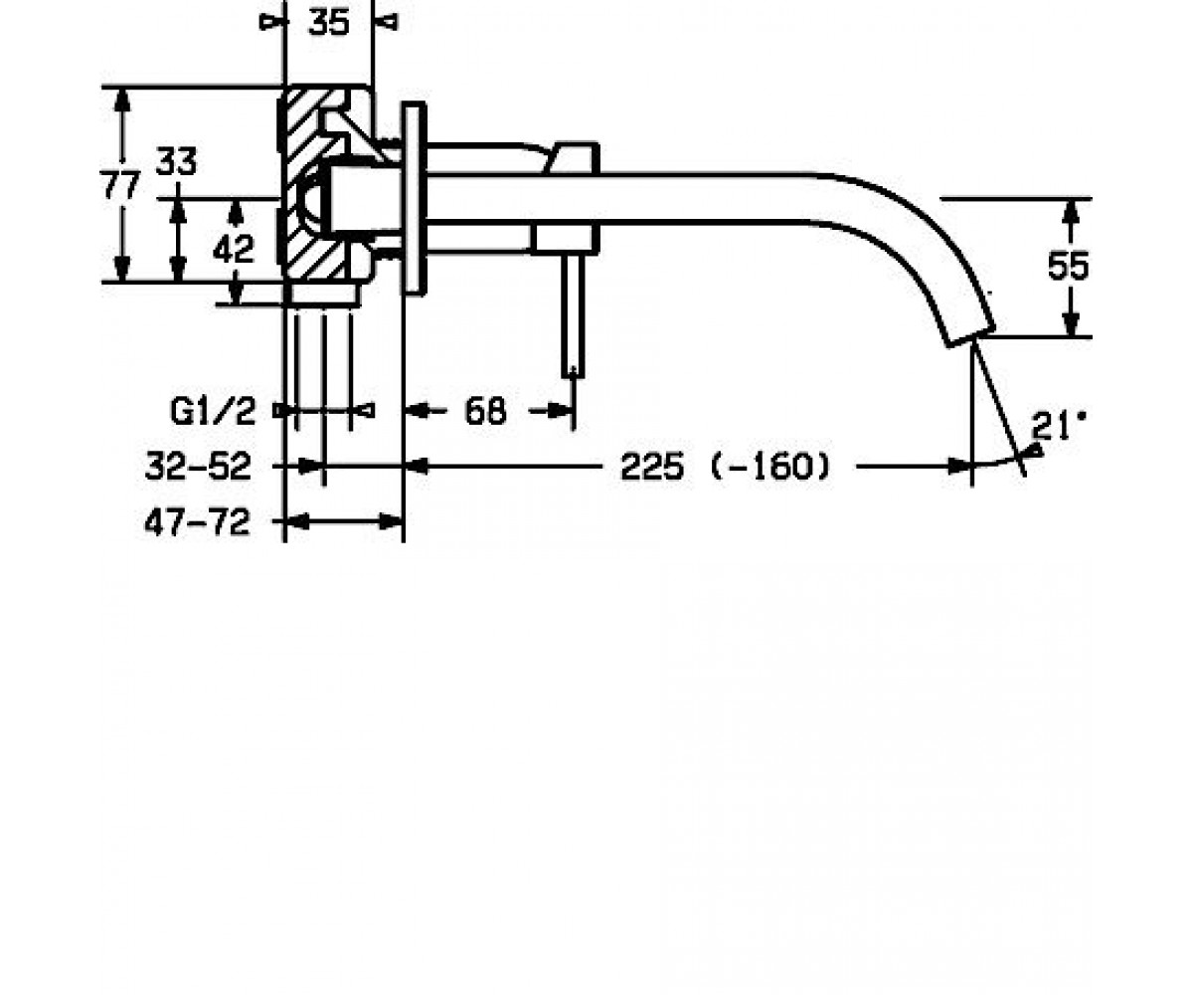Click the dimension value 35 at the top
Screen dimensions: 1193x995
(328, 23)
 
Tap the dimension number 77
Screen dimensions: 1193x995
(119, 186)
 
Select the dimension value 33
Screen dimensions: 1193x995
(177, 161)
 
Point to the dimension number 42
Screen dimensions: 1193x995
(233, 249)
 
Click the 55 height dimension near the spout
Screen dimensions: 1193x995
(1069, 266)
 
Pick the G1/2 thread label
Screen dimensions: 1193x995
(213, 411)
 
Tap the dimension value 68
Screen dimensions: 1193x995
(486, 411)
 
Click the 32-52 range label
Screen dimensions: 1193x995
(198, 466)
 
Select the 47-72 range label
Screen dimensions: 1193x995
(197, 522)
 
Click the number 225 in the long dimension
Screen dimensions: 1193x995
(652, 467)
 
